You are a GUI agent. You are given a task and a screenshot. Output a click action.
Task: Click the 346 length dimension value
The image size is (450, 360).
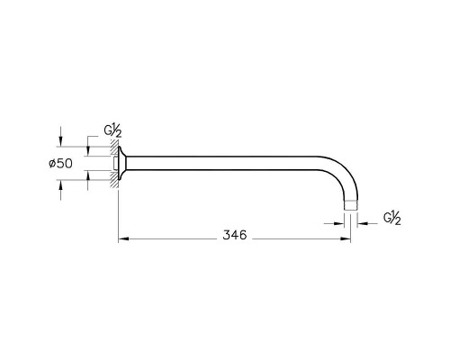[235, 235]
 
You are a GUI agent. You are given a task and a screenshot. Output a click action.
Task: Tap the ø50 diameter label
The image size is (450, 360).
[60, 164]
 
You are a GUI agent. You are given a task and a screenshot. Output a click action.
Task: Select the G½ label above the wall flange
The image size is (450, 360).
[113, 131]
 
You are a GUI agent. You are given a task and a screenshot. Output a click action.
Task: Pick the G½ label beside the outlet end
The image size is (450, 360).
[392, 218]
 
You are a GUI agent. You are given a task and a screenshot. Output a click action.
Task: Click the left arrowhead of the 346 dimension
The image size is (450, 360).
[123, 238]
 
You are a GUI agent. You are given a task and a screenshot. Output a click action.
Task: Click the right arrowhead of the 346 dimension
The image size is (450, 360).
[346, 238]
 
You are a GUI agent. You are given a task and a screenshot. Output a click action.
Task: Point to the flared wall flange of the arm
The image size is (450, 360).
[121, 163]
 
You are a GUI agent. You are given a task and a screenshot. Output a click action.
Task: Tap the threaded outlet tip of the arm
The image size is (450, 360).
[350, 205]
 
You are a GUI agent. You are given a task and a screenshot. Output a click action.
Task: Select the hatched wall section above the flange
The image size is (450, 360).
[114, 148]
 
